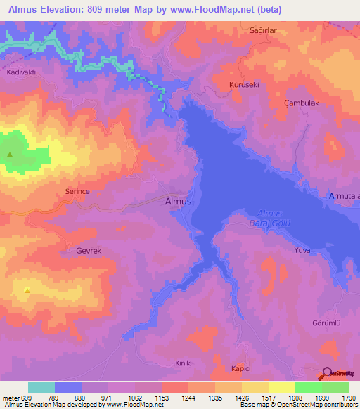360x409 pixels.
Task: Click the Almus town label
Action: point(177,201)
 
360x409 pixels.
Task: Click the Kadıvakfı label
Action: point(21,73)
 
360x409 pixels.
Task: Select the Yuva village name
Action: point(302,249)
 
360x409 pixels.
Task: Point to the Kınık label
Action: point(183,363)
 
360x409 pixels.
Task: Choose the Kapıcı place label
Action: point(241,369)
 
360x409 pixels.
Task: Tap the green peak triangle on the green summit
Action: point(10,155)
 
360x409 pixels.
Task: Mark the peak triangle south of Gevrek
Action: point(27,290)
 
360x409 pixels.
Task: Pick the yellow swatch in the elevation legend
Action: point(281,387)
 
